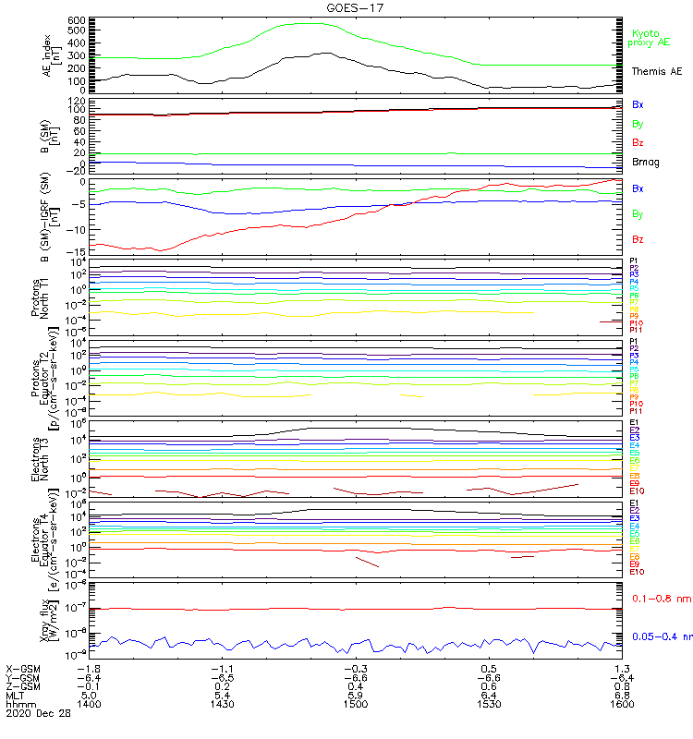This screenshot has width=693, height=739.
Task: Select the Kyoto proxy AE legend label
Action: pyautogui.click(x=650, y=38)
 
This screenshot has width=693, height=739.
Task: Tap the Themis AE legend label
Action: pyautogui.click(x=655, y=71)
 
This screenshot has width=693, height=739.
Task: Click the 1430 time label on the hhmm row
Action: pyautogui.click(x=222, y=704)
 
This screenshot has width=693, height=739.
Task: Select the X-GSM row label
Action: pyautogui.click(x=25, y=668)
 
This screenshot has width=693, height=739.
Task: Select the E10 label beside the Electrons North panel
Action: pyautogui.click(x=636, y=491)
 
